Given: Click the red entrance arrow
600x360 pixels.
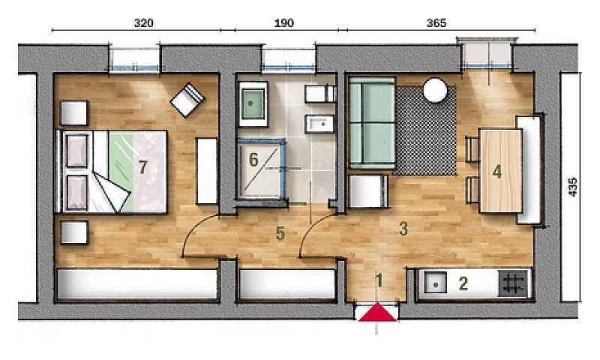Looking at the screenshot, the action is (377, 313).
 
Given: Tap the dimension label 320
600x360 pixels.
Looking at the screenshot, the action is (143, 23).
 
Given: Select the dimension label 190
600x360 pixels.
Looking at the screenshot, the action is (284, 23).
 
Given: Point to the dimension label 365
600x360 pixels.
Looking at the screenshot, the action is (436, 23).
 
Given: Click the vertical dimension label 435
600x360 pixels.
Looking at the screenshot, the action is (572, 187).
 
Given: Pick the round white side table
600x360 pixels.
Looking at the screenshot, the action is (435, 90).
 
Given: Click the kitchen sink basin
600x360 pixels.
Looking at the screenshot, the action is (435, 283).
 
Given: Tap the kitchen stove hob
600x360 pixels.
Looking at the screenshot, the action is (513, 283).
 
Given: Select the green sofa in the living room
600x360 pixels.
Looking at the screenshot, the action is (371, 123).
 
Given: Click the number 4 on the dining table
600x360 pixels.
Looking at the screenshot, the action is (497, 172).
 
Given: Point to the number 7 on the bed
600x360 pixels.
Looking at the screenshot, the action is (142, 167).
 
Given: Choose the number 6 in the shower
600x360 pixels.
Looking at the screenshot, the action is (253, 160).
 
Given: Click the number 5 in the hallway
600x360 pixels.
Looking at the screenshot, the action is (280, 233).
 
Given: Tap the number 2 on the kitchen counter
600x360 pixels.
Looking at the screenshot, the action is (463, 283).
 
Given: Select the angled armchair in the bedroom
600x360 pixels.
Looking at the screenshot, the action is (187, 100).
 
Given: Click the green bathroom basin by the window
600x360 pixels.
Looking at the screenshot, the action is (253, 103).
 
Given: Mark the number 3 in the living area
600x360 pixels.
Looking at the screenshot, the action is (403, 229).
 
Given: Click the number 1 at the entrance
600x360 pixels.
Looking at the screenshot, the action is (379, 280).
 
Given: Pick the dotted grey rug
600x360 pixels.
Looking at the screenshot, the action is (425, 130).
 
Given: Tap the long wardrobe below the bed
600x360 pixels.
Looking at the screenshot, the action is (136, 284).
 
